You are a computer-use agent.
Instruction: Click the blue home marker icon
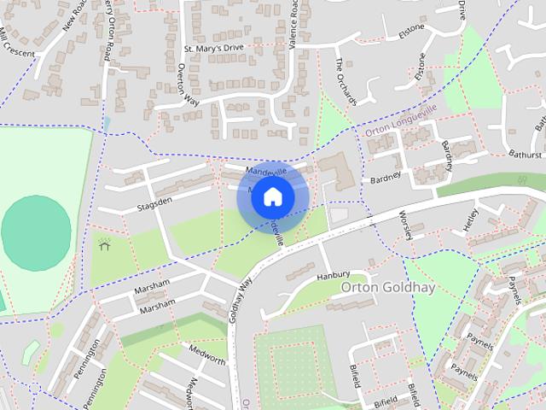[272, 196]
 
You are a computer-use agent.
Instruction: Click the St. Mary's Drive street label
[213, 49]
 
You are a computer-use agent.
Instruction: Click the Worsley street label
[405, 221]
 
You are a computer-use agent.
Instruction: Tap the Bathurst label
[526, 155]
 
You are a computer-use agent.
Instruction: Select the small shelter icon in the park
[105, 246]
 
